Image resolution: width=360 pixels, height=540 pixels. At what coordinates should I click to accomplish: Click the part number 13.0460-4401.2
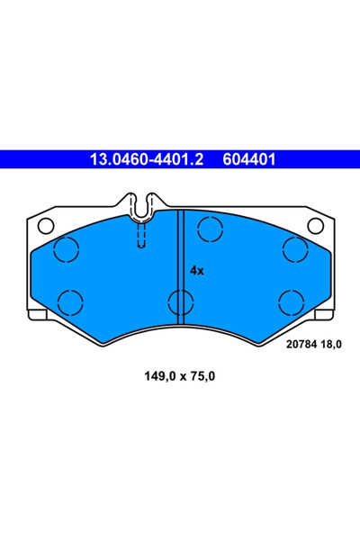click(x=147, y=159)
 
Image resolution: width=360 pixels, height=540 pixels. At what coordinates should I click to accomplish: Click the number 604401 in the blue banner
click(x=249, y=159)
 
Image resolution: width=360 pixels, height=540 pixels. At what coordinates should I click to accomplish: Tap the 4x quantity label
click(x=197, y=271)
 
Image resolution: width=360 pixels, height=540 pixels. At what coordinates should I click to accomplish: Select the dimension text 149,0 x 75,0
click(x=180, y=376)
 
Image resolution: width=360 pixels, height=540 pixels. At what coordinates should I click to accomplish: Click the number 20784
click(x=301, y=344)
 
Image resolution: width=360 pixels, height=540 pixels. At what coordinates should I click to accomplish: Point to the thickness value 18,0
click(x=330, y=345)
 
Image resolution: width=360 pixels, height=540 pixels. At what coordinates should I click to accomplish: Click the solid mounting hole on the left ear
click(x=46, y=226)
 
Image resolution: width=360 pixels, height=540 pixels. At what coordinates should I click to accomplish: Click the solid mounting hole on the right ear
click(x=315, y=226)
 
